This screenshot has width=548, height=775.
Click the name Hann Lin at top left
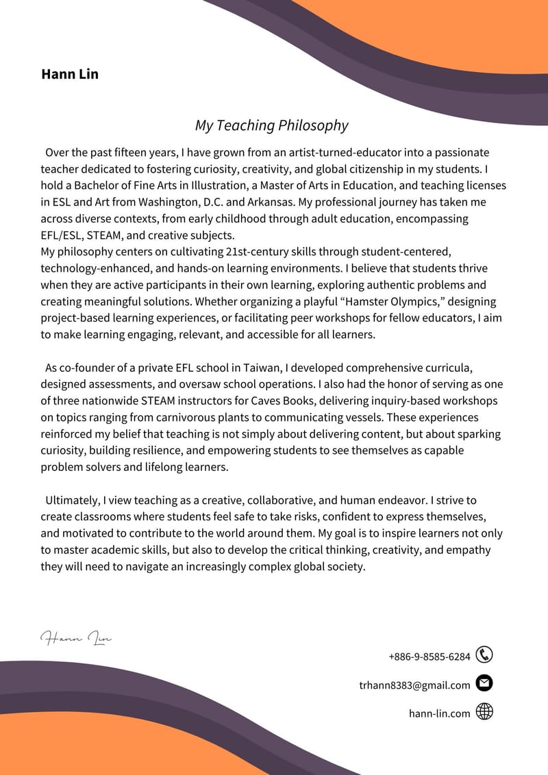tap(70, 74)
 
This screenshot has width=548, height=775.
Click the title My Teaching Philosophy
tap(271, 125)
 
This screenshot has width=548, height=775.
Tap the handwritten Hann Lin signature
tap(75, 639)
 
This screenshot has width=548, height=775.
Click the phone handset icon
tap(484, 655)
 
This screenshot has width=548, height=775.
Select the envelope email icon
tap(484, 683)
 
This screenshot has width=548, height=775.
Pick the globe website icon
tap(484, 712)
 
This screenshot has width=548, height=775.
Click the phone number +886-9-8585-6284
tap(429, 657)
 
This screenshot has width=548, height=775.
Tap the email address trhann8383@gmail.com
tap(414, 685)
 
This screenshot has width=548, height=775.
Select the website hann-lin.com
tap(440, 713)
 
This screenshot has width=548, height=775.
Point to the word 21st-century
tap(260, 252)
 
